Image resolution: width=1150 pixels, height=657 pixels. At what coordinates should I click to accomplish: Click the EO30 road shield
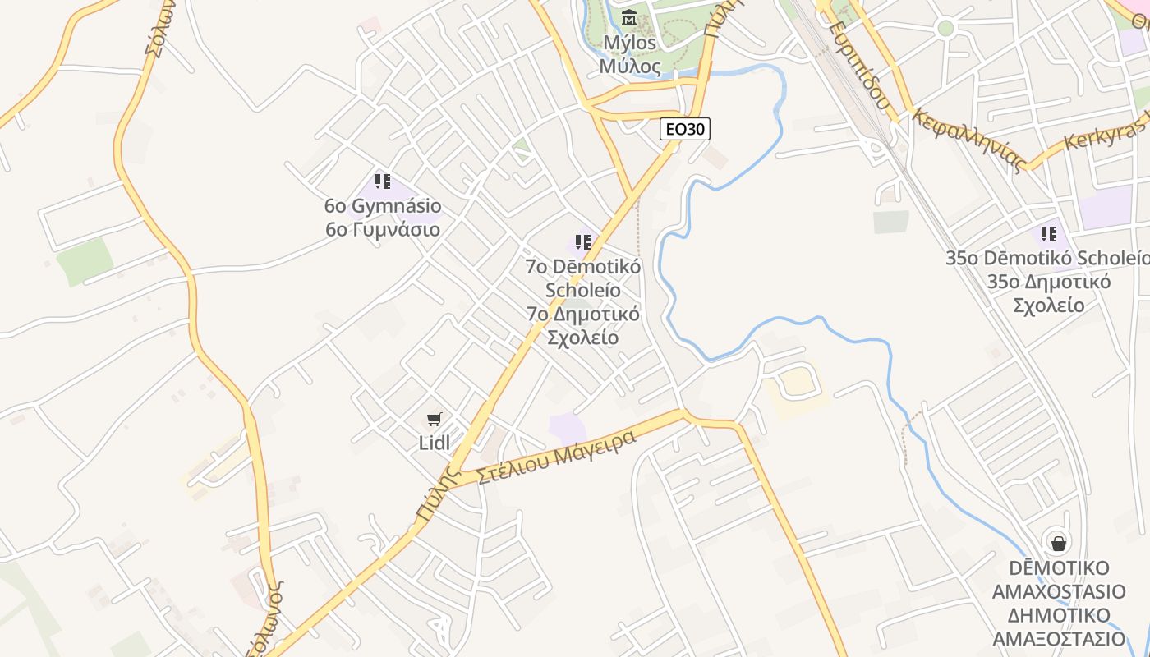coord(684,128)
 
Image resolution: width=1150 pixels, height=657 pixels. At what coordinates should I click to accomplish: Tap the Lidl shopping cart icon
coord(435,420)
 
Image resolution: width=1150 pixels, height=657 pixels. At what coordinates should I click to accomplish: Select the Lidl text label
coord(435,443)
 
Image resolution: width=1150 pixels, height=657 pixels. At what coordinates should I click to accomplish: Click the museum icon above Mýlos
coord(629,16)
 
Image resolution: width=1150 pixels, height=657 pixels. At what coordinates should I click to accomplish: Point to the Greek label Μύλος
coord(630,66)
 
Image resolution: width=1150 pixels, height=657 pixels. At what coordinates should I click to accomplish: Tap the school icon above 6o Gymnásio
coord(382,181)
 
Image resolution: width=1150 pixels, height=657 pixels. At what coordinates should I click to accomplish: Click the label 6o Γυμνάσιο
coord(383,229)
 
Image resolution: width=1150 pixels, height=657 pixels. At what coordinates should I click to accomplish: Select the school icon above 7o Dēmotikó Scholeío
coord(583,242)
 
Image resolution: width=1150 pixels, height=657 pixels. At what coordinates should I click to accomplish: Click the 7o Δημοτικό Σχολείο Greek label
coord(583,326)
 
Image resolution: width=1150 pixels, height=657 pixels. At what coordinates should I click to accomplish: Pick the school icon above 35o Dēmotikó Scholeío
coord(1048,234)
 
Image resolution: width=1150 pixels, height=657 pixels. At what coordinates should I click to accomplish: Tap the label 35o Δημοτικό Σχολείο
coord(1048,293)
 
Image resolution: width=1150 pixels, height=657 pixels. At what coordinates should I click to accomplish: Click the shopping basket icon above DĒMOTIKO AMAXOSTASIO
coord(1059,542)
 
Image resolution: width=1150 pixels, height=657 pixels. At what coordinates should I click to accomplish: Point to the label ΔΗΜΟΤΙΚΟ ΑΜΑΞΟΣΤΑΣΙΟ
coord(1059,627)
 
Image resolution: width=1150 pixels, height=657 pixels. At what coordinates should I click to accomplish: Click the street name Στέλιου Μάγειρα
coord(557,456)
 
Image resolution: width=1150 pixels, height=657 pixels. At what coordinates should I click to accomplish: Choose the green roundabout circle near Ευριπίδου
coord(945,29)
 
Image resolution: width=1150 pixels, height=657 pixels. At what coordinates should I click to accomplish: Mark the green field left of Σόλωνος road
coord(85,261)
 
